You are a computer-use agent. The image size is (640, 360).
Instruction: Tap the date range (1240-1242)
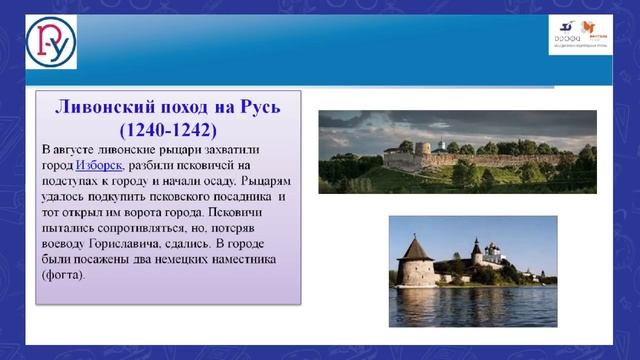pos(167,130)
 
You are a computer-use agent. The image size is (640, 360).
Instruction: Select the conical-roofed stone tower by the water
pos(416,262)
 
